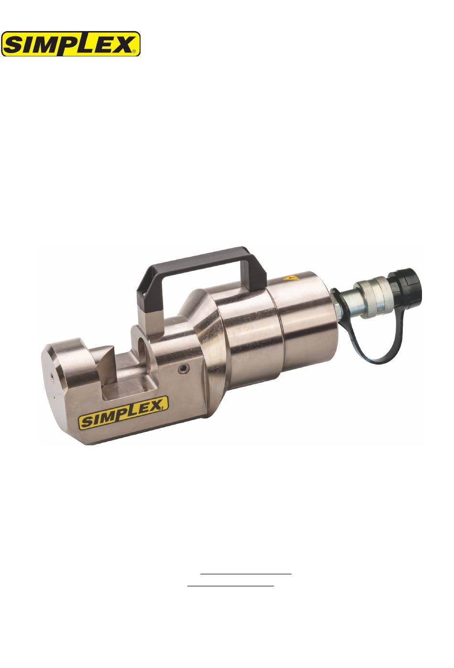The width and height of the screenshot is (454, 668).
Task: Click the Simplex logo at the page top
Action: [71, 44]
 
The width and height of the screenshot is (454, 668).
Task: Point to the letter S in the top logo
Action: [15, 45]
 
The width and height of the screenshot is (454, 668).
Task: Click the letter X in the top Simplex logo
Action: [121, 44]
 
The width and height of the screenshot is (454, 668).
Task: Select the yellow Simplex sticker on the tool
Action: [123, 412]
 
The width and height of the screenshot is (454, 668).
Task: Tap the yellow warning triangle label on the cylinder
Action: [291, 279]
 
